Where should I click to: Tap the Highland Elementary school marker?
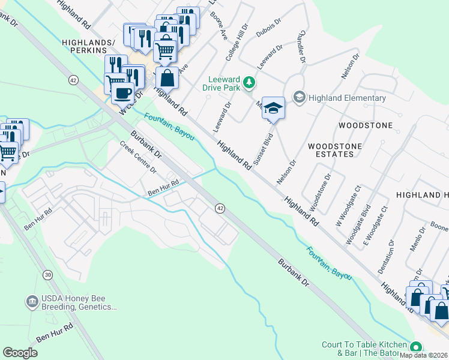pos(299,97)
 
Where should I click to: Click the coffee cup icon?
pos(122,93)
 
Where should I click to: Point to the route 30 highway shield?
pos(47,274)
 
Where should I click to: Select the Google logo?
pos(20,353)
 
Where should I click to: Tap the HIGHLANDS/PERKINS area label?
pos(88,48)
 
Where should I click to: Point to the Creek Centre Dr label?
pos(137,157)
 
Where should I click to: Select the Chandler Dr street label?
pos(302,46)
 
